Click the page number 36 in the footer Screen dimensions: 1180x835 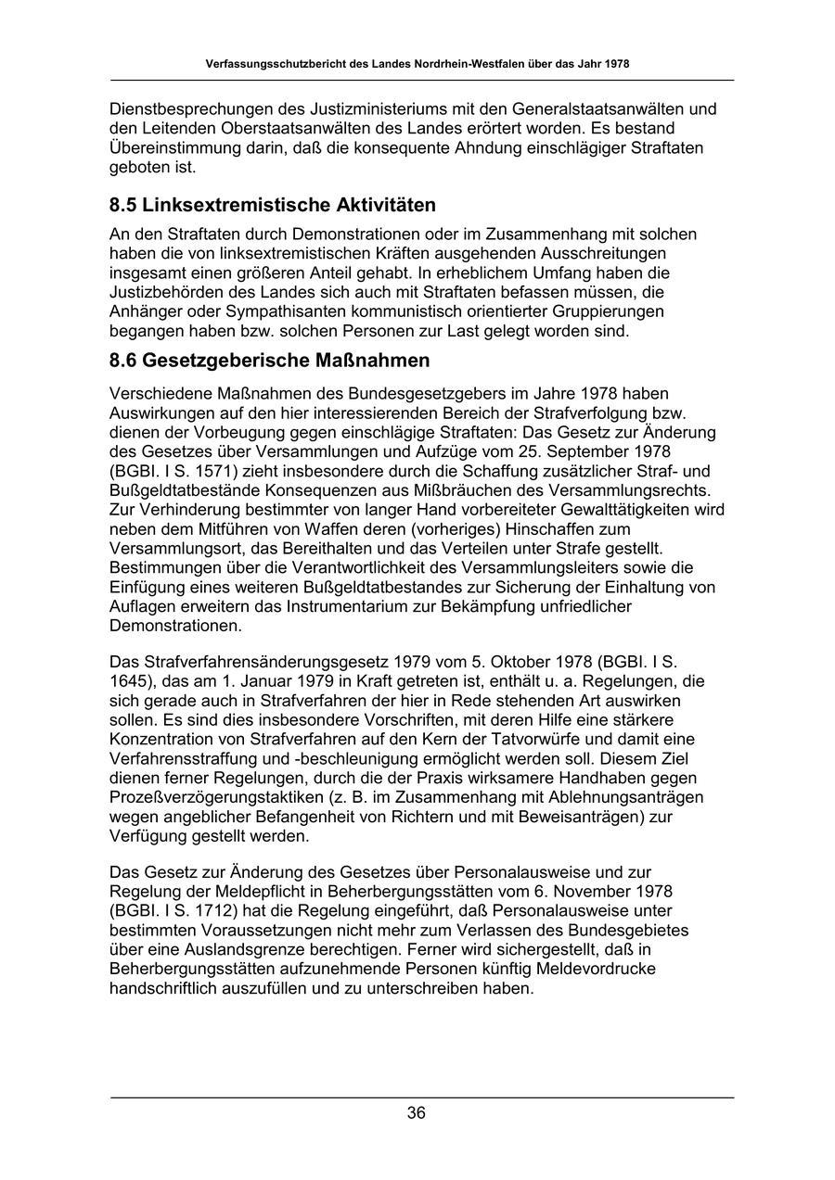click(417, 1113)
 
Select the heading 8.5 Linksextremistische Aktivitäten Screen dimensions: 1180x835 click(273, 205)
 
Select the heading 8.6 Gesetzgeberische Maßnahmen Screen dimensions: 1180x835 click(269, 360)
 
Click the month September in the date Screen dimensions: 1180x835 click(592, 451)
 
